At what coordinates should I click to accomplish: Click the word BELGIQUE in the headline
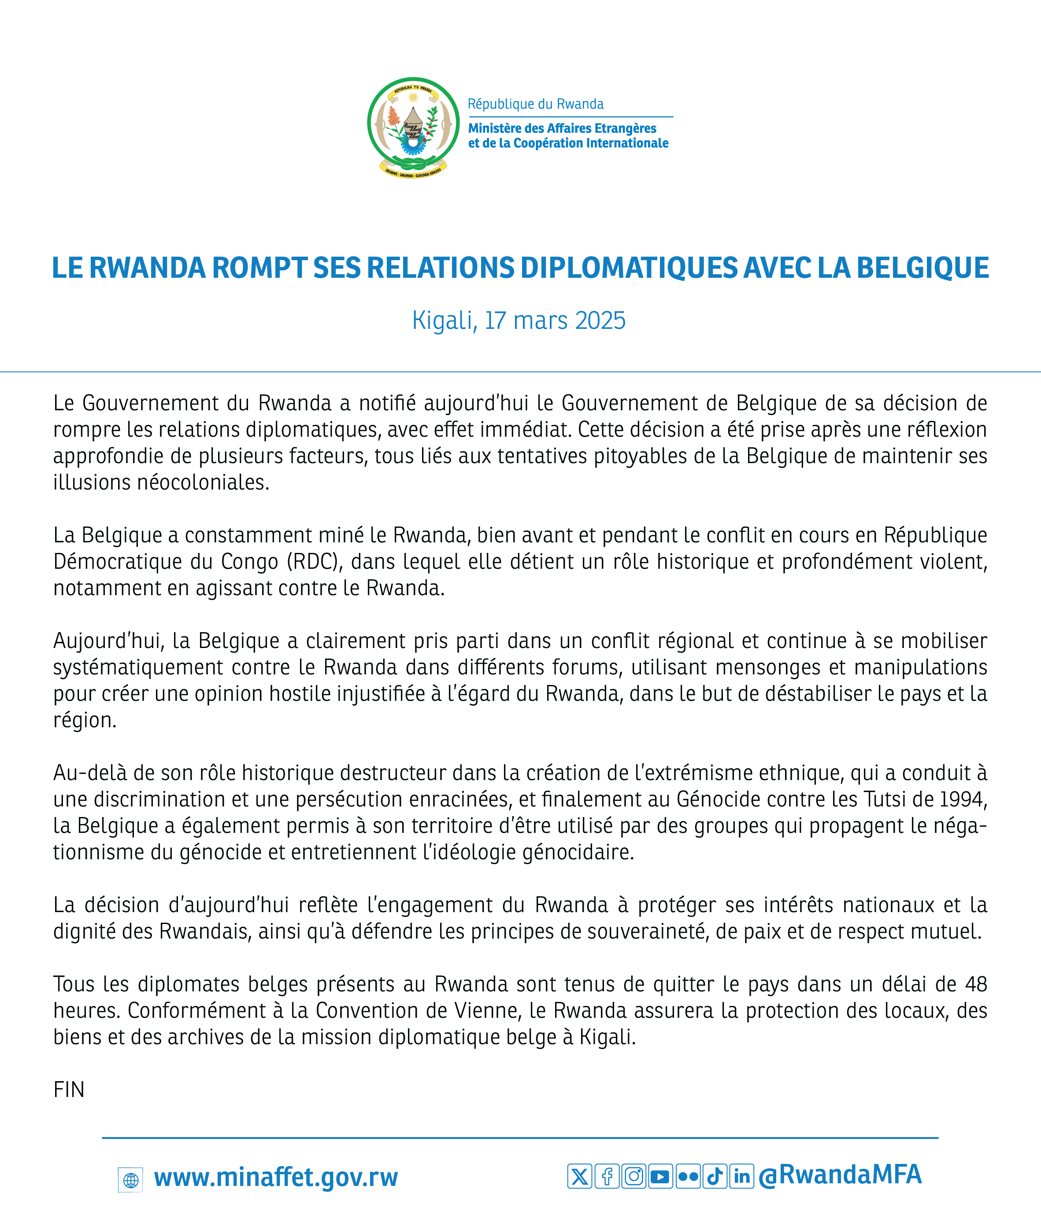(x=922, y=268)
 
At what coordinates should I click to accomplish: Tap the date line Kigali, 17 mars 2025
(x=519, y=320)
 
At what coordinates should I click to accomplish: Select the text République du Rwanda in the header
(x=535, y=104)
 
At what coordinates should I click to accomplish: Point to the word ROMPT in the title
(x=259, y=268)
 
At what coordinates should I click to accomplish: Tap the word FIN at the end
(x=69, y=1090)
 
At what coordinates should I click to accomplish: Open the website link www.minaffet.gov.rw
(x=276, y=1177)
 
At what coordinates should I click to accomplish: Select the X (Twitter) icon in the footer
(x=579, y=1176)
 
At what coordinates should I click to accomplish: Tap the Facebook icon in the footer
(x=607, y=1176)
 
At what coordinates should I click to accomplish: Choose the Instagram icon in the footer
(x=634, y=1176)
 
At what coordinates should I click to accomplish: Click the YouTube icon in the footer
(x=660, y=1176)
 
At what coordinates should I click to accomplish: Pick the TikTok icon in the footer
(x=715, y=1176)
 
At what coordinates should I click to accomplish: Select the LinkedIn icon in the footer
(x=742, y=1176)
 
